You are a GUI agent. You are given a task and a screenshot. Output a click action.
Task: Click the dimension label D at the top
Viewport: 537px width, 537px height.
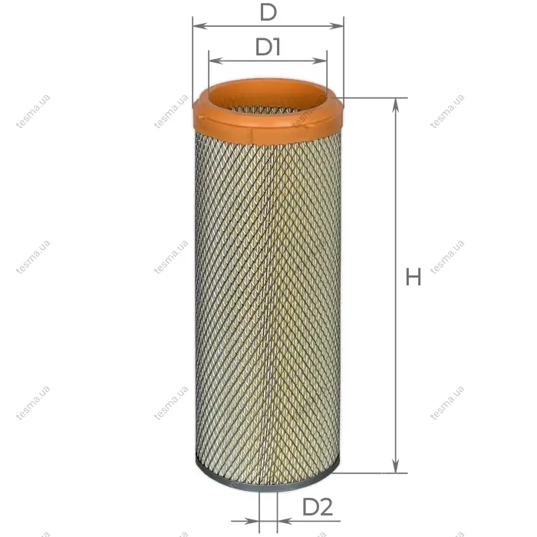click(x=268, y=13)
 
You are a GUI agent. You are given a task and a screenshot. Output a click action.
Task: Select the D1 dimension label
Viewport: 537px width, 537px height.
click(x=268, y=47)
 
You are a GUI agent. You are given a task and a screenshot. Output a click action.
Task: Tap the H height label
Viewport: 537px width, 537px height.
click(x=413, y=278)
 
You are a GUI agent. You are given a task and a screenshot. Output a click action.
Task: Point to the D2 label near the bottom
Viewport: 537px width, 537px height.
click(x=318, y=507)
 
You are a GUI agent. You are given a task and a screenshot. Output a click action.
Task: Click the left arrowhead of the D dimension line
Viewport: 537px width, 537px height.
click(x=200, y=26)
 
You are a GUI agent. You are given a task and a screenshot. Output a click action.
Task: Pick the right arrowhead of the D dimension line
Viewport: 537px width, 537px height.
click(x=336, y=26)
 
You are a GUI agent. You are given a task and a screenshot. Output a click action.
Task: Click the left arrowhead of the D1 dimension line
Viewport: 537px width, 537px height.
click(x=216, y=61)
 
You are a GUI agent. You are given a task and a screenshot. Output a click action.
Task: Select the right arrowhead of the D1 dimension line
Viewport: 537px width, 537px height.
click(x=320, y=61)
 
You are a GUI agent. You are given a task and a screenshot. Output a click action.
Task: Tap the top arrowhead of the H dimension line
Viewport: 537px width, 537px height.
click(x=396, y=105)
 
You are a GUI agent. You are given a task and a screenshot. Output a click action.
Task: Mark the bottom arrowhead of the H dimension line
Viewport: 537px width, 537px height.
click(x=396, y=466)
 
